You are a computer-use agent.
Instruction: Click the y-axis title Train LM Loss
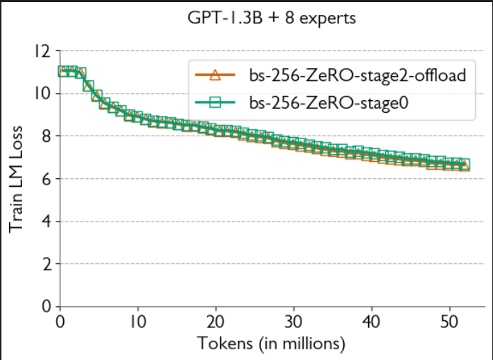(x=18, y=179)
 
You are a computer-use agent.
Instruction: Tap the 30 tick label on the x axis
(x=294, y=322)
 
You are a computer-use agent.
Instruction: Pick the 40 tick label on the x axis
(x=372, y=322)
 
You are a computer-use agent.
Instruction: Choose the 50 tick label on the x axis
(x=450, y=322)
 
